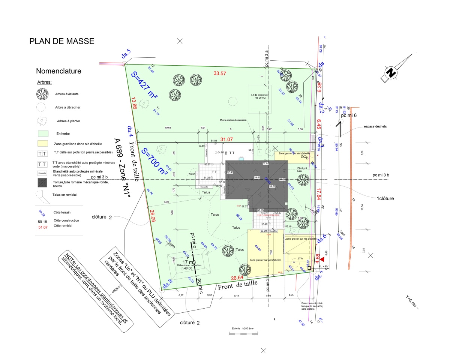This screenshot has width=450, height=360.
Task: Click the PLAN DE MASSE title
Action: point(62,41)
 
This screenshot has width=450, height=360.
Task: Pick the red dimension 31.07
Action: point(226,139)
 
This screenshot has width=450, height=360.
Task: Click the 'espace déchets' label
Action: point(375,127)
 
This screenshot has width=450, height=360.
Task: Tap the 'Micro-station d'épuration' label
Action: point(233,120)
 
